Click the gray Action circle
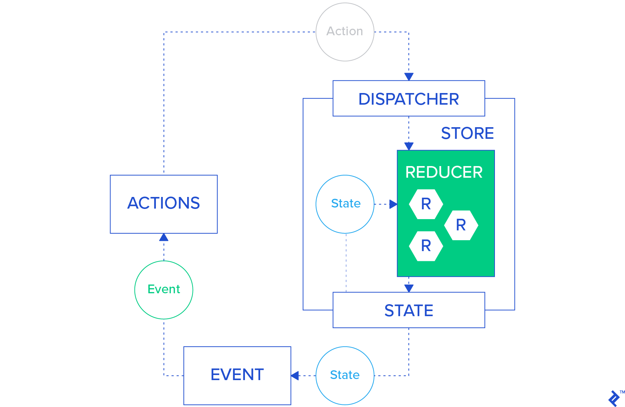tap(345, 32)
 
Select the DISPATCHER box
tap(409, 98)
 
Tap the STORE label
tap(467, 133)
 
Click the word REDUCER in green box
tap(444, 172)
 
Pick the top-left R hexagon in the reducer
tap(426, 204)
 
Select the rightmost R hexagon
tap(461, 225)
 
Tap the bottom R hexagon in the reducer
tap(426, 246)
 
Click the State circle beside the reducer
tap(345, 204)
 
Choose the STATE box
tap(409, 310)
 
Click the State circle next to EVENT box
tap(345, 375)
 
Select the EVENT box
tap(237, 375)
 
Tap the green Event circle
tap(164, 290)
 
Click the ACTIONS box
tap(164, 204)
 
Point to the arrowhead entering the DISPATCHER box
tap(409, 77)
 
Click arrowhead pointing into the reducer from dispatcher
tap(409, 146)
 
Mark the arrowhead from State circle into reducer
tap(393, 204)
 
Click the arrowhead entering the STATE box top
tap(409, 289)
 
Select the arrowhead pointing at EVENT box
tap(295, 376)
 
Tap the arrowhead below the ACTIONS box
tap(164, 237)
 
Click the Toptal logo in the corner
tap(614, 399)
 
